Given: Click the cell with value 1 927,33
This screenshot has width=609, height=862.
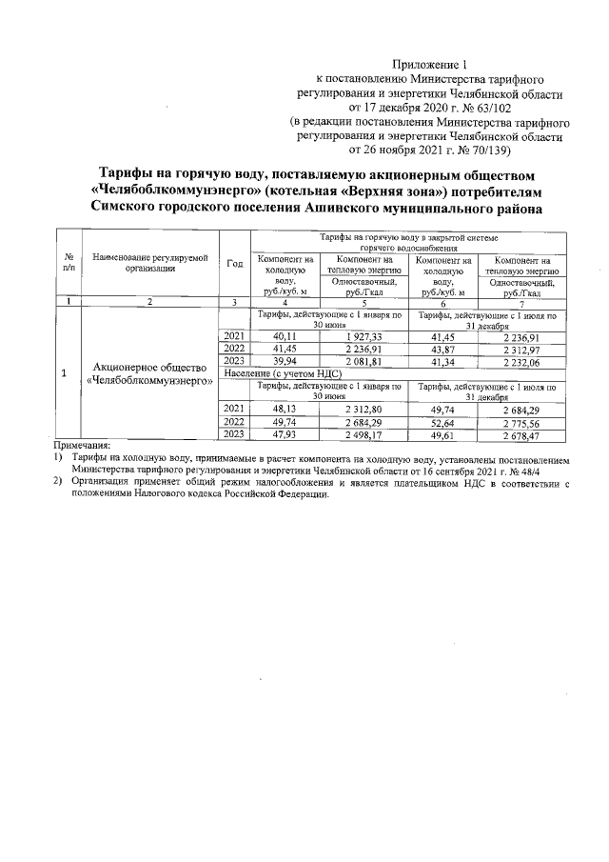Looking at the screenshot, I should pos(363,337).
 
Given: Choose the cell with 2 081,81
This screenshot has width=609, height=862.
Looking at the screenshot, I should pos(363,363).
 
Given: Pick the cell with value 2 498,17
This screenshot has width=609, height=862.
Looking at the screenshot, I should pos(363,434).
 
